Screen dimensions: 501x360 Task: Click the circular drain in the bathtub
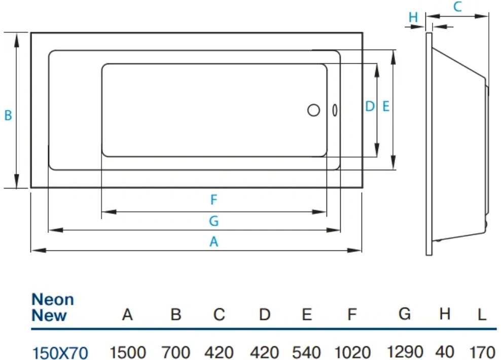[x=313, y=110]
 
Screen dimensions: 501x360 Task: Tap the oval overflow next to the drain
[x=335, y=110]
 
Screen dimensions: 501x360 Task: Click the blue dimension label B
[x=8, y=115]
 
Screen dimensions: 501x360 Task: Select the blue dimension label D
[x=370, y=106]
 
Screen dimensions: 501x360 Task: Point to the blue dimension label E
[x=386, y=106]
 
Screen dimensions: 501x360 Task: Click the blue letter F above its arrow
[x=214, y=200]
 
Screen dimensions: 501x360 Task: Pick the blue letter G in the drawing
[x=214, y=221]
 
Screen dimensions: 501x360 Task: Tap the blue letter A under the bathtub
[x=214, y=242]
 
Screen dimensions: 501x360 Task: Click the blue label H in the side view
[x=413, y=17]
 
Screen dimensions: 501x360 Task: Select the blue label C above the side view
[x=457, y=7]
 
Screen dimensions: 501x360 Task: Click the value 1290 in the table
[x=405, y=352]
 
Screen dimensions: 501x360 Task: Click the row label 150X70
[x=60, y=353]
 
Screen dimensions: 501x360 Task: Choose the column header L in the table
[x=482, y=315]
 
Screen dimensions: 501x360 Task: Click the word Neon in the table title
[x=53, y=300]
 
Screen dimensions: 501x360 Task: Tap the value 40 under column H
[x=444, y=352]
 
